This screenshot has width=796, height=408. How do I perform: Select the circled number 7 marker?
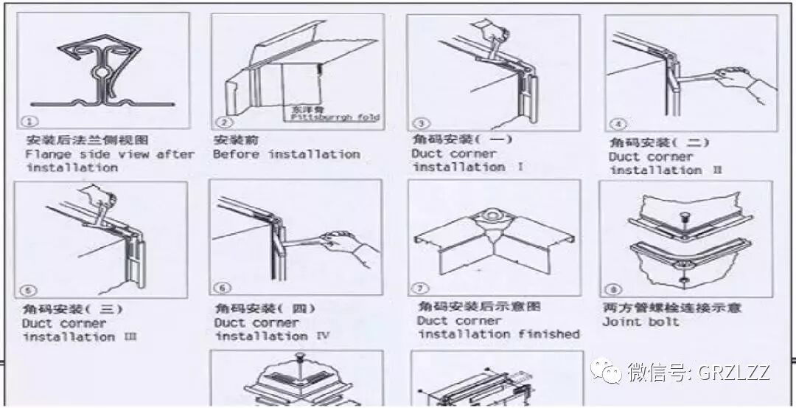(419, 287)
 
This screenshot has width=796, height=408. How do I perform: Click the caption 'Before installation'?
(286, 154)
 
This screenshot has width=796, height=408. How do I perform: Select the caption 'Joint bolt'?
(640, 322)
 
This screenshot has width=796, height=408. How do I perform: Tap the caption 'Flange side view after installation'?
(109, 161)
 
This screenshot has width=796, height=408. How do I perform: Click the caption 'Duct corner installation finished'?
(498, 328)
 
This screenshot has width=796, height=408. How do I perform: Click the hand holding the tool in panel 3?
(491, 32)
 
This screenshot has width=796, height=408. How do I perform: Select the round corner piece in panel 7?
(492, 217)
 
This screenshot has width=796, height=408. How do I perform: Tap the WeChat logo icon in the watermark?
(608, 372)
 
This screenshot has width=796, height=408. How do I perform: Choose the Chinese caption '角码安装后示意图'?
(479, 306)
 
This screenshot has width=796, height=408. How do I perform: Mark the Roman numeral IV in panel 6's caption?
(321, 336)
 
